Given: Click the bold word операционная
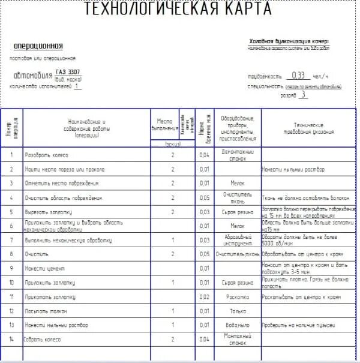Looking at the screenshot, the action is click(38, 46).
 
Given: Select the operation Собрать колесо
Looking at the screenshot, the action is click(44, 339).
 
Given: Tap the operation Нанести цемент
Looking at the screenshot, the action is click(45, 268).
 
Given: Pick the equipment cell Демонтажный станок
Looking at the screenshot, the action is click(239, 155).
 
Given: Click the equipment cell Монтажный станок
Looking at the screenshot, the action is click(239, 339).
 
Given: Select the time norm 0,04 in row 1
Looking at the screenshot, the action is click(205, 155).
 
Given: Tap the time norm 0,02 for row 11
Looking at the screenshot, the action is click(205, 297).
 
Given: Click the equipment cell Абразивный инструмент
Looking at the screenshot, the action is click(239, 240).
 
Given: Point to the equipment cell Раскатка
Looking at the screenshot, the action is click(239, 297).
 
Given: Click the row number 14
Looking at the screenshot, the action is click(11, 339).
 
